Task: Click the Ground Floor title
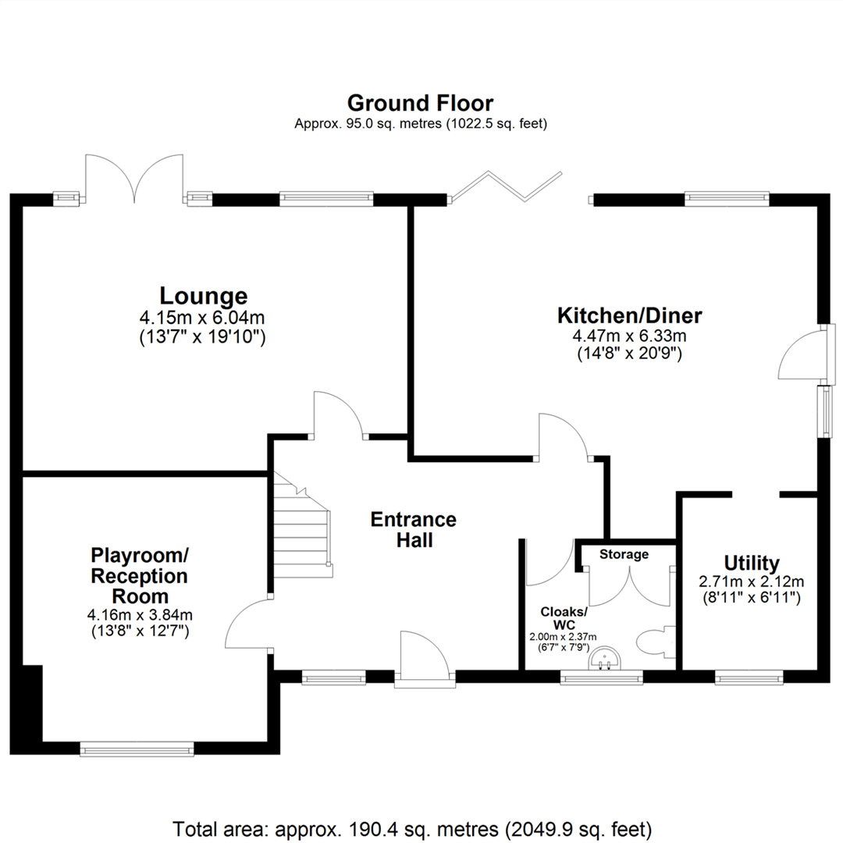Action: [420, 103]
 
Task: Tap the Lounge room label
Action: [203, 297]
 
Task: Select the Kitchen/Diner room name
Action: [629, 315]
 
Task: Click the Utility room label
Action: [751, 563]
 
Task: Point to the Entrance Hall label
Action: [413, 529]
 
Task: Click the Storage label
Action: [624, 554]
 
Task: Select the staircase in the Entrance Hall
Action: [303, 531]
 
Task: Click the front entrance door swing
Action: [422, 656]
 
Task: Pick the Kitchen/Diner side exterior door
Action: [802, 355]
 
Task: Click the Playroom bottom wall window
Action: [137, 749]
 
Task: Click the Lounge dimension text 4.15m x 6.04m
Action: [203, 318]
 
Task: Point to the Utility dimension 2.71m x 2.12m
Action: [751, 582]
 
